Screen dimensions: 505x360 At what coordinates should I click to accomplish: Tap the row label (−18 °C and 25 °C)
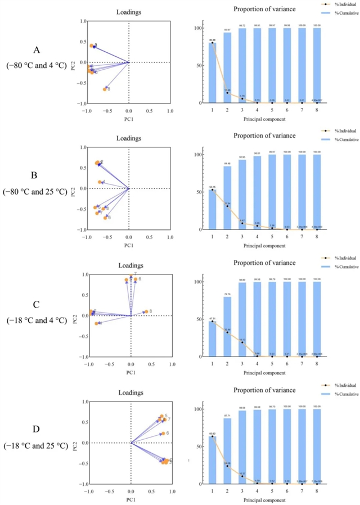click(35, 448)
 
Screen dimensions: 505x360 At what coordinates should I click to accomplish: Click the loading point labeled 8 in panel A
click(105, 89)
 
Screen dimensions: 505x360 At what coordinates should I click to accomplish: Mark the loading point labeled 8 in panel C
click(146, 311)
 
